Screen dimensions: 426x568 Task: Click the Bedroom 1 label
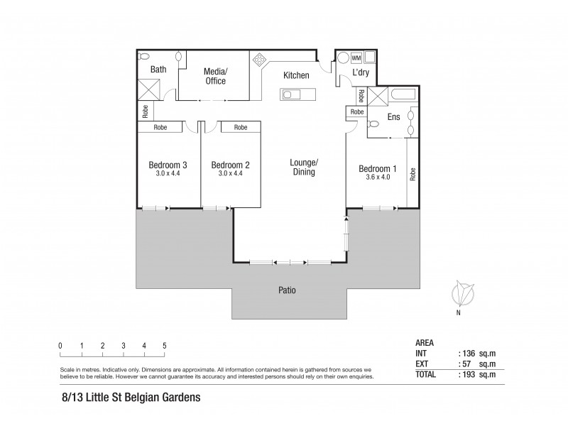[377, 168]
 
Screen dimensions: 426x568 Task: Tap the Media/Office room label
[215, 76]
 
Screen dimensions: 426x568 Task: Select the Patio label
[287, 290]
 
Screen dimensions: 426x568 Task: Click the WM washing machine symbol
[356, 58]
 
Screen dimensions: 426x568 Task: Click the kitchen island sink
[291, 94]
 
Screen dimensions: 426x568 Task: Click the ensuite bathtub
[405, 96]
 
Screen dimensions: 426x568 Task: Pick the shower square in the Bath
[151, 89]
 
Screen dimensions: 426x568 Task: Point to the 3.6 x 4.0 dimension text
[377, 177]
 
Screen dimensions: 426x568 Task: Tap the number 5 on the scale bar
[165, 346]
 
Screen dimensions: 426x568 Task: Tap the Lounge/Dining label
[303, 167]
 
